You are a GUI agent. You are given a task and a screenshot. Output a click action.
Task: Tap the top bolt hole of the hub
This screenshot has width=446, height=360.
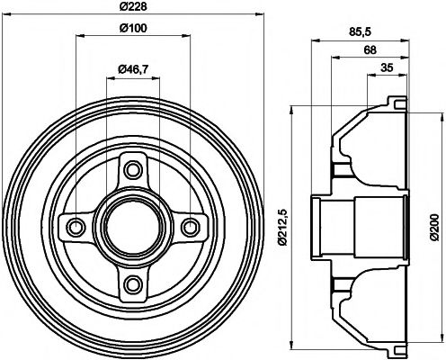pyautogui.click(x=134, y=168)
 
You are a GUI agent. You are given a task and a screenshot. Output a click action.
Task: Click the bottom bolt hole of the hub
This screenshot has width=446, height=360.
pyautogui.click(x=134, y=285)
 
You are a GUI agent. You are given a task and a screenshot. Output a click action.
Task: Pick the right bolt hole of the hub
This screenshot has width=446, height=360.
pyautogui.click(x=192, y=227)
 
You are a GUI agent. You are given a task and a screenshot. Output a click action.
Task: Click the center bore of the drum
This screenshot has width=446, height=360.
pyautogui.click(x=134, y=227)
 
